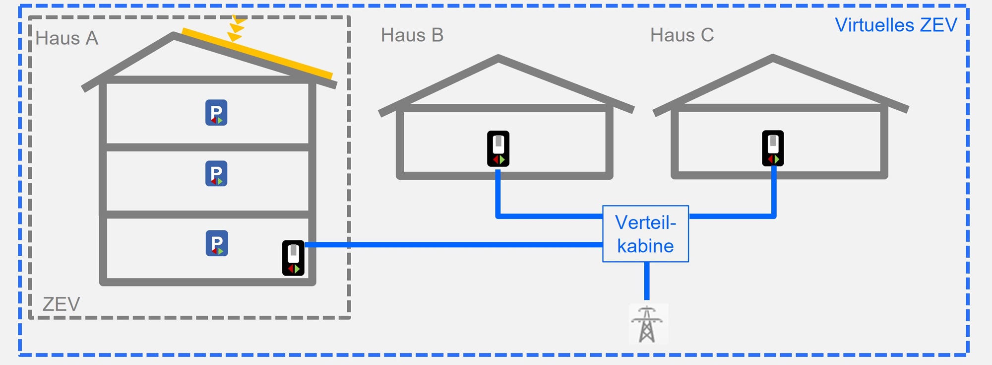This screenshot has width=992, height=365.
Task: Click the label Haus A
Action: point(67,38)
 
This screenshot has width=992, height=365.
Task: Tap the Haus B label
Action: point(412,35)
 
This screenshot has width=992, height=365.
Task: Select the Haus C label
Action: point(682,35)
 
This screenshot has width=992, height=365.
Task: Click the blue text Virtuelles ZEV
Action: point(896,25)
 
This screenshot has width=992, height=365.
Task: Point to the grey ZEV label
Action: point(61,304)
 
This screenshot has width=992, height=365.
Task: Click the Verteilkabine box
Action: point(645,234)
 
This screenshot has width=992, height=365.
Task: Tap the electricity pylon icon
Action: point(647,324)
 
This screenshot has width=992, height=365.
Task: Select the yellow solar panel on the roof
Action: point(257,54)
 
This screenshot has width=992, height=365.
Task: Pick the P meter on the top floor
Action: point(216,113)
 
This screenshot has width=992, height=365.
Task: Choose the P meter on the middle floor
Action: point(216,173)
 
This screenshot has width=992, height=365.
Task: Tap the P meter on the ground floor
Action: point(217,243)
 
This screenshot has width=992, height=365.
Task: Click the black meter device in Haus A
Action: point(293,258)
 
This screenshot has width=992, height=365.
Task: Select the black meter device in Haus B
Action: point(498,148)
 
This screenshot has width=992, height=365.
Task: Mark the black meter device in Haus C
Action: point(773,148)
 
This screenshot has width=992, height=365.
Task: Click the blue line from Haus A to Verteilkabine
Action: point(446,245)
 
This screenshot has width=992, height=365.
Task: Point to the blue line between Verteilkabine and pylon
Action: point(647,281)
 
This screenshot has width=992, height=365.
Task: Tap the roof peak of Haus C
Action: point(773,58)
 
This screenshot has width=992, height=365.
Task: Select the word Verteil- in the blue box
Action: point(645,222)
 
